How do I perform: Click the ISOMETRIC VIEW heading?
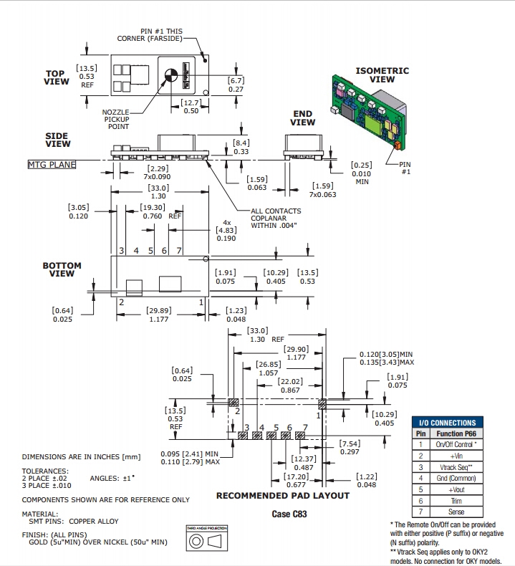pos(382,75)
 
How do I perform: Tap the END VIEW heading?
pos(302,118)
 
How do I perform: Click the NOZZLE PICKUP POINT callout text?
pos(115,120)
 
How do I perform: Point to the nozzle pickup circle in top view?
pos(170,75)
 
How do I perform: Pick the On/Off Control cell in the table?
pos(455,444)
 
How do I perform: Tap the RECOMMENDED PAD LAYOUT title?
pos(283,496)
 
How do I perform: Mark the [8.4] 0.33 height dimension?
pos(241,147)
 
